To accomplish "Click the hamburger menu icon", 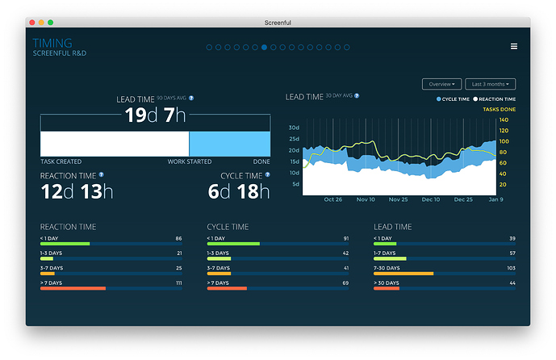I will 514,47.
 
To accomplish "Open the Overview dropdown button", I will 441,84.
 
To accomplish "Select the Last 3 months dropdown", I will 490,84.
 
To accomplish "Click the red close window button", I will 32,22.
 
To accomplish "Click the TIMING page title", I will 52,43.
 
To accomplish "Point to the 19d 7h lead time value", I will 155,115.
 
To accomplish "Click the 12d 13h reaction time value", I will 77,191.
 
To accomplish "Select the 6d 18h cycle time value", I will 240,191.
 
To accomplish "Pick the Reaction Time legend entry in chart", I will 493,99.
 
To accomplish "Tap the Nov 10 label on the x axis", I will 366,199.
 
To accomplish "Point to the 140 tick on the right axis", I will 504,120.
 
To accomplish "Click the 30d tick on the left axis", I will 294,128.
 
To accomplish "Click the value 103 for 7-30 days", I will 510,269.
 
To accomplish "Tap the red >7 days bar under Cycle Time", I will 227,288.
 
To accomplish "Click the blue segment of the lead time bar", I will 229,144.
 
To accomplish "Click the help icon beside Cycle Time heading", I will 268,174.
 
